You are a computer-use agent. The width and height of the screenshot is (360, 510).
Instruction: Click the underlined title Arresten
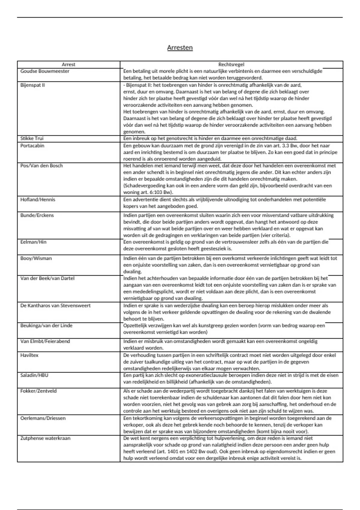coord(180,48)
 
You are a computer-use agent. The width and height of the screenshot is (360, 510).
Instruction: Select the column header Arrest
coord(68,64)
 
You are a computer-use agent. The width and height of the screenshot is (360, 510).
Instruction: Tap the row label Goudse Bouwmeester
coord(45,71)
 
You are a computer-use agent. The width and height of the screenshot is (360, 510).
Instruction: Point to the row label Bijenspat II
coord(32,85)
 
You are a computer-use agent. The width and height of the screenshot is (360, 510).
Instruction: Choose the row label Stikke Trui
coord(32,139)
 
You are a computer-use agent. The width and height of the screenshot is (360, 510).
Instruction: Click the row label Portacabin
coord(32,146)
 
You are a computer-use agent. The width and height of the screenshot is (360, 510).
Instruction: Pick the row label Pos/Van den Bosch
coord(41,166)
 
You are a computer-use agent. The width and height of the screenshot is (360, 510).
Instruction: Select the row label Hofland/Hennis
coord(38,200)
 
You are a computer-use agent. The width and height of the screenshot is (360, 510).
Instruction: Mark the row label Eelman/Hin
coord(33,242)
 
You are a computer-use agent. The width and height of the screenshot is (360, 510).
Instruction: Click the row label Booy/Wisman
coord(36,258)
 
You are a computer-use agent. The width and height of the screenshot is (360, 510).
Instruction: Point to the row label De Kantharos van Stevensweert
coord(55,306)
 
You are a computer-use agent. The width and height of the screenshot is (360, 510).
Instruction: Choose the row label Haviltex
coord(29,355)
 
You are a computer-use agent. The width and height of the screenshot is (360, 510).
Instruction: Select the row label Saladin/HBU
coord(34,375)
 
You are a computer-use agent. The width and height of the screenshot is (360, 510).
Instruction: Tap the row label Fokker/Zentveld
coord(38,391)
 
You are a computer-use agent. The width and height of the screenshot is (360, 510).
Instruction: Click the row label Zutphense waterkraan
coord(45,438)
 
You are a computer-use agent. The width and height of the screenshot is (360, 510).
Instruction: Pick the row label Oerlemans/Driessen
coord(43,418)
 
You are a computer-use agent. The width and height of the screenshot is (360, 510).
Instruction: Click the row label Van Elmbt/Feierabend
coord(45,341)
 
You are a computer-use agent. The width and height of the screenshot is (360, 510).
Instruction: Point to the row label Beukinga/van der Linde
coord(46,326)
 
